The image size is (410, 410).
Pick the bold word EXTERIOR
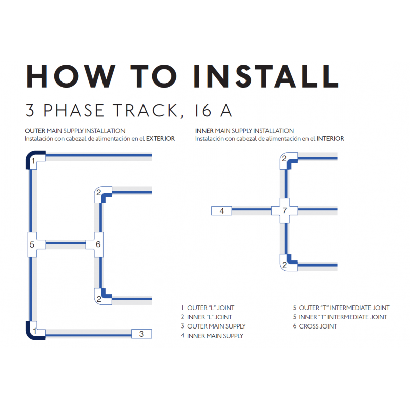click(x=160, y=139)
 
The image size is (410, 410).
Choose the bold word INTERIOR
click(x=330, y=139)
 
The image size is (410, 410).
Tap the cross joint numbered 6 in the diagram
click(x=98, y=244)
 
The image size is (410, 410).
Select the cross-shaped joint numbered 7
click(x=285, y=210)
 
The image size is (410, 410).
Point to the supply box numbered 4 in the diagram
click(x=221, y=210)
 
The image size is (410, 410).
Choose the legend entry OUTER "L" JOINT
click(x=211, y=308)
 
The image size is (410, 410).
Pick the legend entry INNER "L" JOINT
click(x=210, y=317)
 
